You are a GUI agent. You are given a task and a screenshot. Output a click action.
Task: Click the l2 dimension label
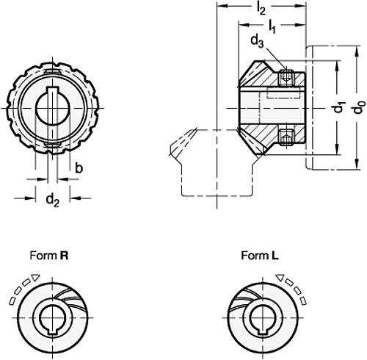261,10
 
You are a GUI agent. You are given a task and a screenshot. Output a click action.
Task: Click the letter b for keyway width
79,168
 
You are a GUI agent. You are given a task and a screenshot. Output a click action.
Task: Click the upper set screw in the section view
287,76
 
